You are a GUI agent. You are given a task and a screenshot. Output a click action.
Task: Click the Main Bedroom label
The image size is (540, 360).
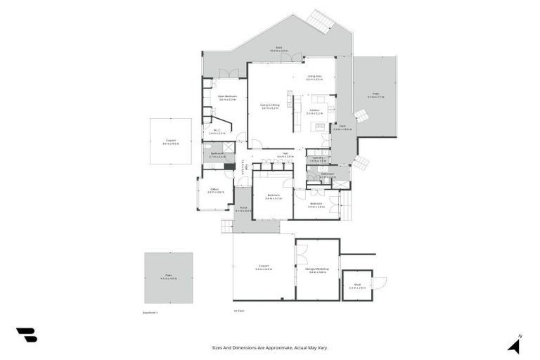[227, 96]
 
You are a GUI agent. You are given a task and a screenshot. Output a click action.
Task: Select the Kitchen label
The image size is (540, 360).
[314, 110]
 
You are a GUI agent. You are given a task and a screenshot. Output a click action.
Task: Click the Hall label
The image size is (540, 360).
[285, 154]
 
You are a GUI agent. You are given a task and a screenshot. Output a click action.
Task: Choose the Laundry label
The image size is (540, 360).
[318, 158]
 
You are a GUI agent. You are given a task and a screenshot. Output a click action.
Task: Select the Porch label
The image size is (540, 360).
[243, 208]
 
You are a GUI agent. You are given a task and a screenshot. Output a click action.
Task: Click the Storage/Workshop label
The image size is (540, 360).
[317, 269]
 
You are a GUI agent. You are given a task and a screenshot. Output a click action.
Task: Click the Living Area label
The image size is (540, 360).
[314, 77]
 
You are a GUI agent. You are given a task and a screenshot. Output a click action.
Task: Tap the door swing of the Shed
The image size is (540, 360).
[380, 283]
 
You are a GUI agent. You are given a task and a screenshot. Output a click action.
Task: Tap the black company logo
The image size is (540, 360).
[26, 335]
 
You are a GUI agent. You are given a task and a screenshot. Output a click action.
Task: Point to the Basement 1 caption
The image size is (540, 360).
[151, 311]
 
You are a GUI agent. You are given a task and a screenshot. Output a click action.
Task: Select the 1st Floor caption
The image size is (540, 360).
[239, 311]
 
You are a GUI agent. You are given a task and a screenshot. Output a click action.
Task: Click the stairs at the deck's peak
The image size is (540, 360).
[323, 21]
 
